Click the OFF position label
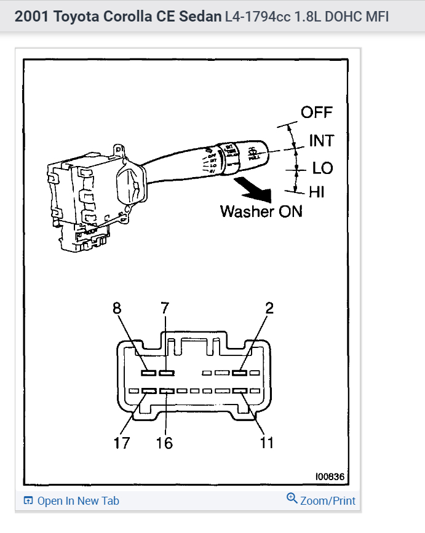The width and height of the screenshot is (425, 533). (x=316, y=113)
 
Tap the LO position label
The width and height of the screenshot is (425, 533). (x=322, y=167)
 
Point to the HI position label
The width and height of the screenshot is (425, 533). (x=317, y=192)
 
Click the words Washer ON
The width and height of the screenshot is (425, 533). (x=261, y=211)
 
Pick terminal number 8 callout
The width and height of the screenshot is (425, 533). (x=117, y=309)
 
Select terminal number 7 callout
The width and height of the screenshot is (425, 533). (x=164, y=309)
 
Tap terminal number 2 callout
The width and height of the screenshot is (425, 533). (x=269, y=309)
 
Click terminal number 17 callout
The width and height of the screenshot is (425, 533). (x=122, y=442)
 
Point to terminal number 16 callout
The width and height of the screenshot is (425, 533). (x=164, y=442)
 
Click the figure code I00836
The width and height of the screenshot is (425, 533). (x=331, y=476)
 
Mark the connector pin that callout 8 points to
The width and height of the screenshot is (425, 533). (x=148, y=373)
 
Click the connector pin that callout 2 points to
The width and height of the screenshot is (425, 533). (x=240, y=373)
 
